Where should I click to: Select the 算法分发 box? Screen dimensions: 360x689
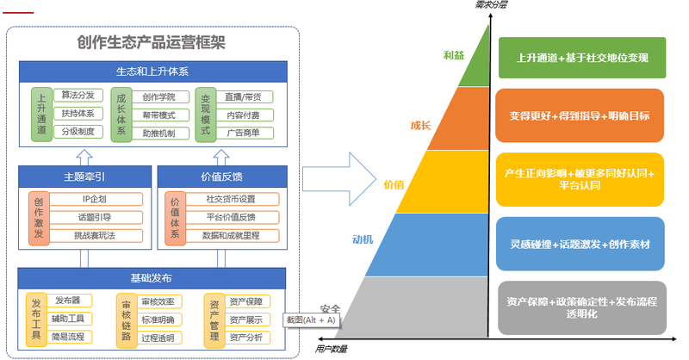click(78, 95)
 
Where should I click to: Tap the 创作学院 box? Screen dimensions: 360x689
click(158, 96)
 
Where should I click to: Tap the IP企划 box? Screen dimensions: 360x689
click(95, 199)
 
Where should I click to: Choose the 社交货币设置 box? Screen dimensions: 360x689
click(230, 199)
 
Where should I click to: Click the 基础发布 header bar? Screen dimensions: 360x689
click(152, 278)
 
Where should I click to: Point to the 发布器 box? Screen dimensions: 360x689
click(68, 301)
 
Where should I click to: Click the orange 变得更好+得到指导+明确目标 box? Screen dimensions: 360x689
click(580, 115)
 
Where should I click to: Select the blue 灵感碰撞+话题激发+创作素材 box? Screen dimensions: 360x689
click(580, 244)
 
